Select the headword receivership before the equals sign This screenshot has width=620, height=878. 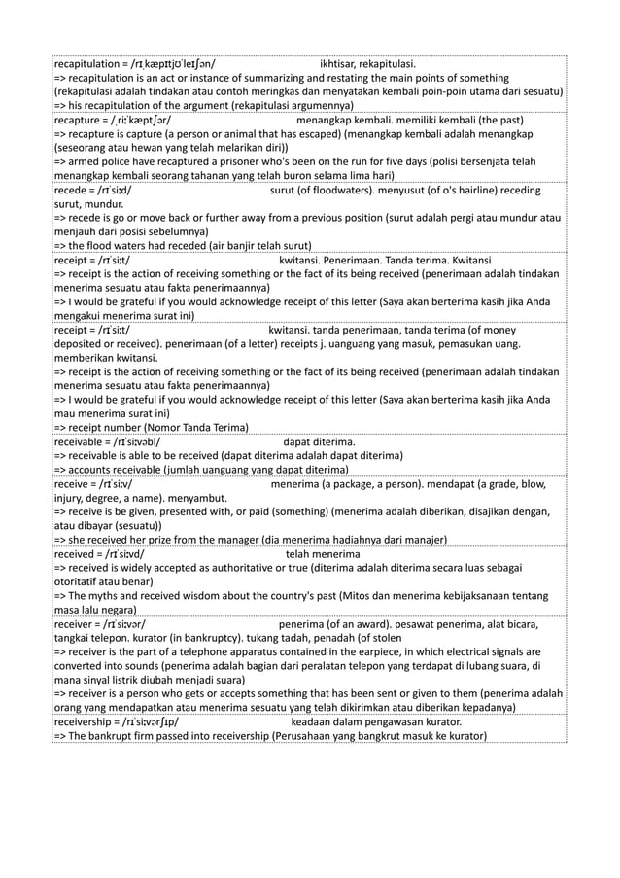coord(85,722)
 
